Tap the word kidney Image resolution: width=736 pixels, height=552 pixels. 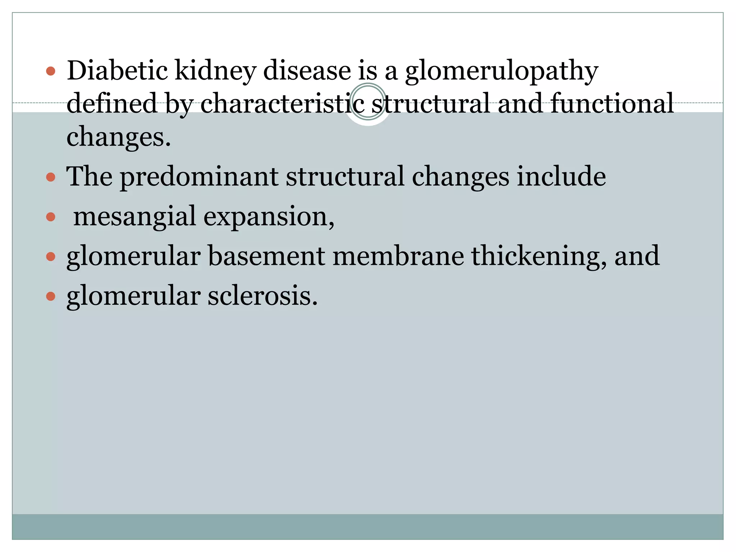[215, 71]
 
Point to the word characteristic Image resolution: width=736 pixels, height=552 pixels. [282, 103]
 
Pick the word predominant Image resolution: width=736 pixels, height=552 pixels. [199, 177]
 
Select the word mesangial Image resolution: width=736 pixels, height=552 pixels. [134, 217]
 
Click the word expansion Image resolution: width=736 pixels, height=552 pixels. [269, 217]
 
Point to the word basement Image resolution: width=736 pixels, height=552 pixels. [266, 256]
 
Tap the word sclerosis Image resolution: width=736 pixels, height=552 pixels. [262, 296]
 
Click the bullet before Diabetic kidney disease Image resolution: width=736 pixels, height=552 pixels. [51, 71]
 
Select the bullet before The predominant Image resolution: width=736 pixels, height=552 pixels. [51, 177]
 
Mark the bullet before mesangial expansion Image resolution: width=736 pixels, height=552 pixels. [51, 217]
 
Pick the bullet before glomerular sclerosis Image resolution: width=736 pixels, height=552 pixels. [51, 296]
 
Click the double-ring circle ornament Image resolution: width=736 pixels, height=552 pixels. [368, 102]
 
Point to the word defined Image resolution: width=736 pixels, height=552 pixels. [112, 103]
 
